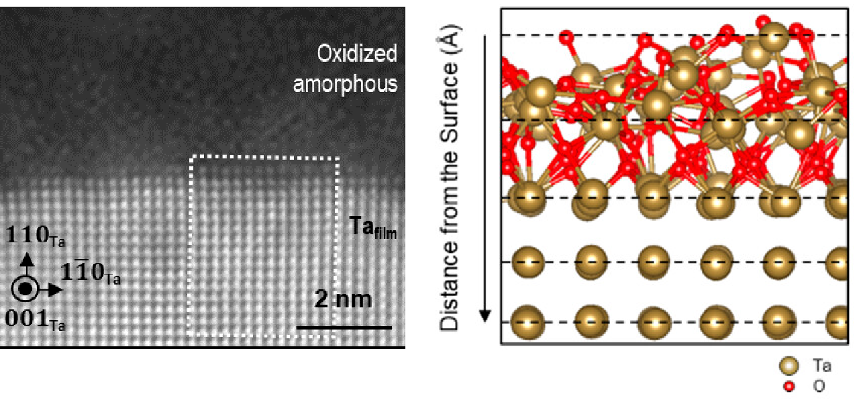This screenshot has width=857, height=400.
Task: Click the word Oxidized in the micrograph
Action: (x=357, y=54)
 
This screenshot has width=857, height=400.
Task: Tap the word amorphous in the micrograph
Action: (x=345, y=84)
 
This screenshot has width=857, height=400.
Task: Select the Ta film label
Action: (x=373, y=228)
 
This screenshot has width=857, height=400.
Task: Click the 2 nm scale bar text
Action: (x=343, y=299)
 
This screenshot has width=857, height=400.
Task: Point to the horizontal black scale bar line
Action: (x=344, y=328)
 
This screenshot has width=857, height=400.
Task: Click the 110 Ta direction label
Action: (x=35, y=236)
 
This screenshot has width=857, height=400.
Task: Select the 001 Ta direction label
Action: (x=35, y=319)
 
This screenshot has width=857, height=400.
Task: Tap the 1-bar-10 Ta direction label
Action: (x=91, y=272)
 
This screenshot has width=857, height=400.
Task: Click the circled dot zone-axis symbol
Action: (x=26, y=289)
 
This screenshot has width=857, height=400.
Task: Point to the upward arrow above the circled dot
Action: (x=27, y=264)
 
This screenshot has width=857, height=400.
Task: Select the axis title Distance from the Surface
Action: (x=449, y=178)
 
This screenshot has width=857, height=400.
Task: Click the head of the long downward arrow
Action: (x=485, y=316)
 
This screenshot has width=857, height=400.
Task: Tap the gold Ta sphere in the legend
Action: (x=789, y=366)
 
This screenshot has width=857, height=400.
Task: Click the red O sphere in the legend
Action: (x=789, y=386)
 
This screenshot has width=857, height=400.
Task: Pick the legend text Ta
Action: (x=822, y=366)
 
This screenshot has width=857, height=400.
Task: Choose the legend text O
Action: (x=819, y=386)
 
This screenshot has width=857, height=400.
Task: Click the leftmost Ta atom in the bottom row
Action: (x=528, y=322)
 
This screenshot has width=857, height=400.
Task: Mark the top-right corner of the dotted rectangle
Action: (x=338, y=158)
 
